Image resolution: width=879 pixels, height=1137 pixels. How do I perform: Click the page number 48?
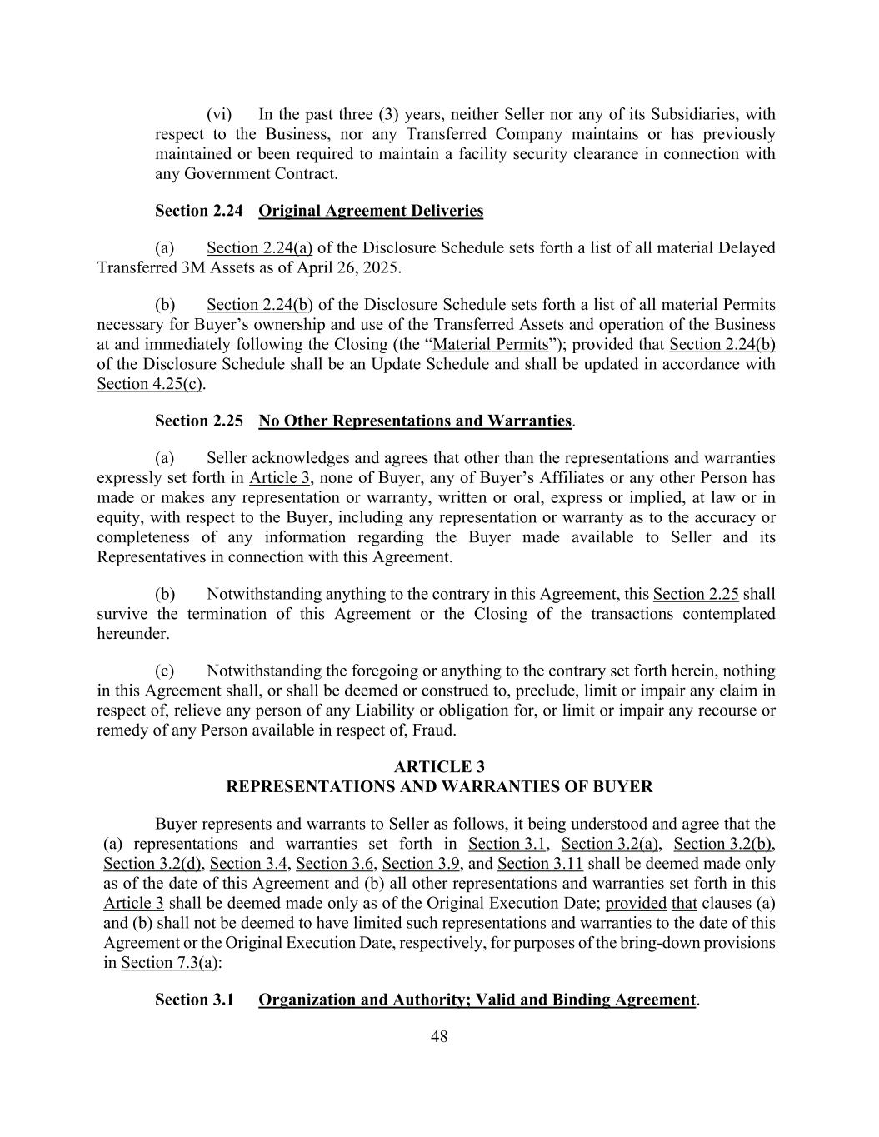tap(439, 1036)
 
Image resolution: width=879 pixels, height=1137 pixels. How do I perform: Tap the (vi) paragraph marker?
tap(219, 114)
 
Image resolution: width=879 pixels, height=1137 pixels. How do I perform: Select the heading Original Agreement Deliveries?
tap(371, 211)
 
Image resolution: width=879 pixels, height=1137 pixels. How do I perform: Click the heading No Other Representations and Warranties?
tap(415, 421)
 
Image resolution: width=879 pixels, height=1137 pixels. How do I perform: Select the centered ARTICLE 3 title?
tap(439, 766)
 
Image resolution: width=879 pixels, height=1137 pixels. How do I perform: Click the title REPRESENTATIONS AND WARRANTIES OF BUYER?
tap(439, 786)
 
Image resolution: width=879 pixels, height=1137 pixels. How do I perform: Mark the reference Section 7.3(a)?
tap(170, 963)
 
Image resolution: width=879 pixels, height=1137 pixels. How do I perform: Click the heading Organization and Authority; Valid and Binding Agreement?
tap(477, 1000)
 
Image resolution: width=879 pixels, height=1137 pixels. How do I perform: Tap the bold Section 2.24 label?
tap(198, 211)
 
